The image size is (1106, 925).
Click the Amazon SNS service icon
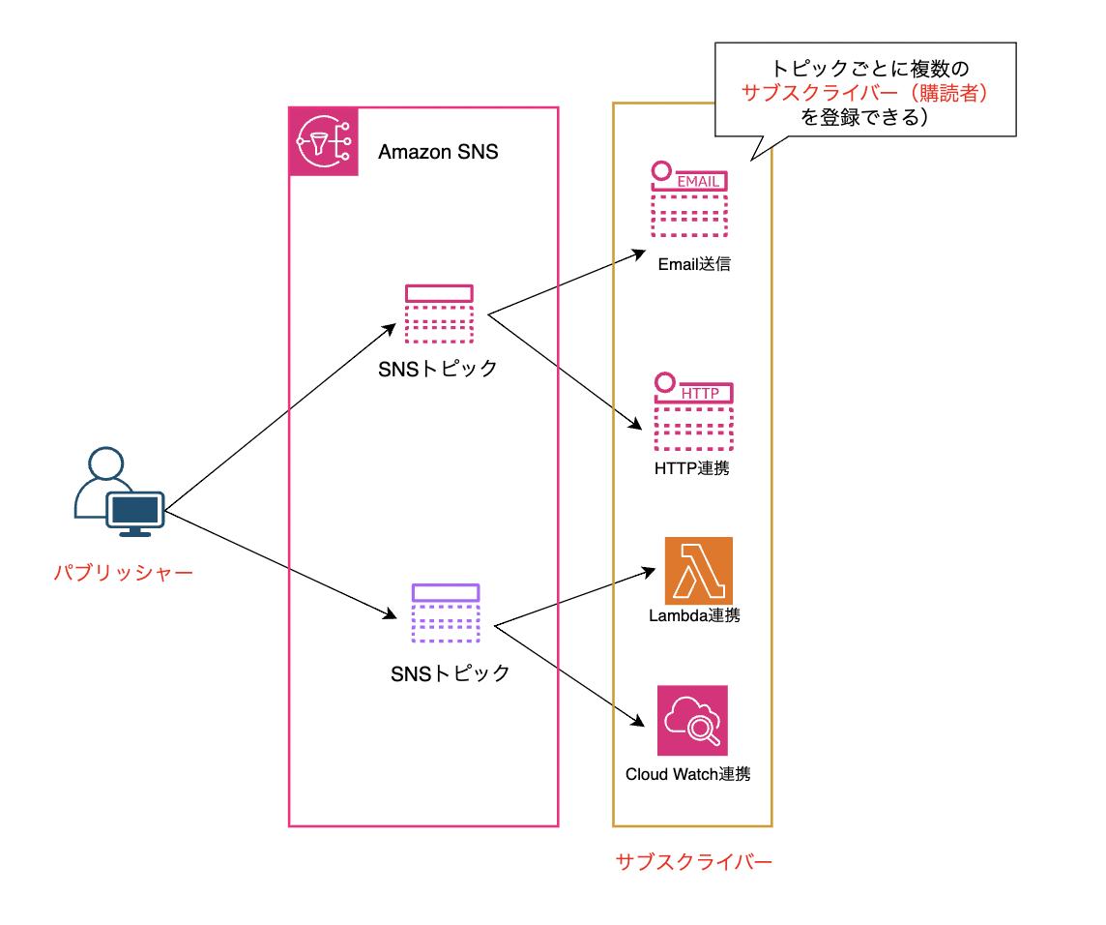(x=324, y=142)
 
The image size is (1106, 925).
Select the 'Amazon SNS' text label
(x=438, y=152)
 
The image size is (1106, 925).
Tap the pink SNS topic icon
(x=439, y=313)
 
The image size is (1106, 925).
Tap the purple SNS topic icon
(x=446, y=613)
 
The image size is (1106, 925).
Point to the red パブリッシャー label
(x=123, y=573)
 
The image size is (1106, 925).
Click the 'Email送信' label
(x=693, y=264)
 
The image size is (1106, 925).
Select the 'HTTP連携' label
(x=692, y=468)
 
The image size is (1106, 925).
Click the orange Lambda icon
(x=698, y=571)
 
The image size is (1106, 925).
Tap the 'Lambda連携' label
(x=694, y=615)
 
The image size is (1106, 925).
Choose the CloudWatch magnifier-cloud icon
(x=692, y=721)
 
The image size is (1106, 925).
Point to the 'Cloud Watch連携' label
(x=687, y=774)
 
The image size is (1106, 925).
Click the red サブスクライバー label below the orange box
(x=693, y=861)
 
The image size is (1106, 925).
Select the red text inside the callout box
(x=865, y=94)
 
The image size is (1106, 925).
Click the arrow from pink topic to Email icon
(x=567, y=283)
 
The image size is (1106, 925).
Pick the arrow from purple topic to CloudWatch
(x=569, y=675)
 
